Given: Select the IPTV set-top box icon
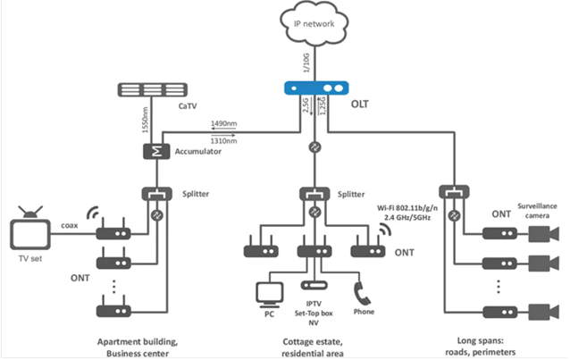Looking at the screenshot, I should [x=314, y=286].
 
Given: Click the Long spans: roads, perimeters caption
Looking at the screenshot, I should [x=494, y=346].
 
